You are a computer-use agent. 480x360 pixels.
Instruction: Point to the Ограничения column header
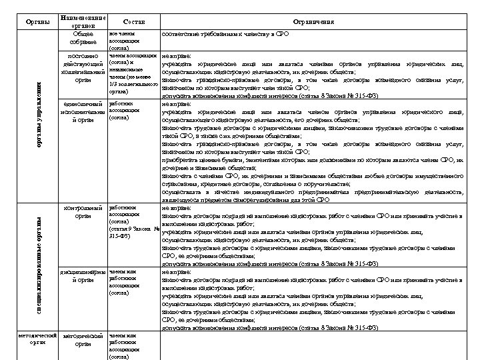pyautogui.click(x=313, y=22)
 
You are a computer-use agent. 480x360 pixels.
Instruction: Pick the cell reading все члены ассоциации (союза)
pyautogui.click(x=124, y=40)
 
